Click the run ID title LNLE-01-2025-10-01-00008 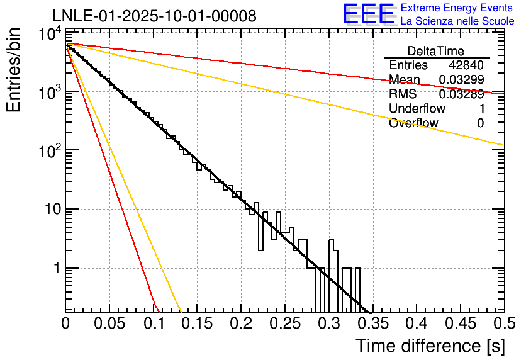[154, 16]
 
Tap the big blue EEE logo [368, 14]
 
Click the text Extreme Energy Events [457, 8]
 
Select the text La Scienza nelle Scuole [457, 21]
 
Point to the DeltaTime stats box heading [436, 51]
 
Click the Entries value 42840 [466, 65]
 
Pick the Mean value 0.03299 [461, 80]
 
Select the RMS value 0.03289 [461, 94]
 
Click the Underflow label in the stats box [417, 109]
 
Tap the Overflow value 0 [480, 123]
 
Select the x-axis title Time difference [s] [430, 346]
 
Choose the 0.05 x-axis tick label [109, 323]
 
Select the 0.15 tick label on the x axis [197, 323]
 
